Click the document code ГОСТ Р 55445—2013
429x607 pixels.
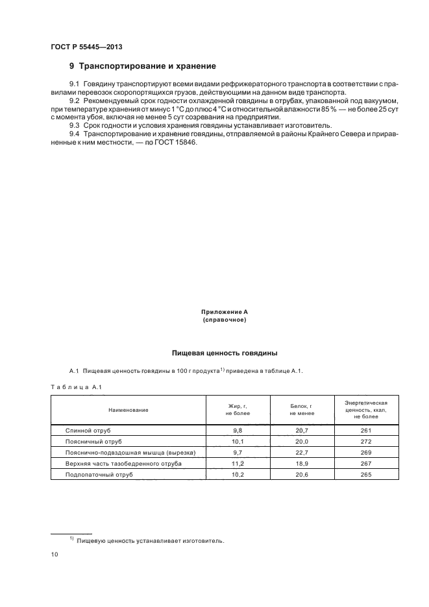coord(86,47)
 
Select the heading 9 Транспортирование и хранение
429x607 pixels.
coord(143,66)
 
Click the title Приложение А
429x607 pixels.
coord(225,312)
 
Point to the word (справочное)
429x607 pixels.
coord(225,320)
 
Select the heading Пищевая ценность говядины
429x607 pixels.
coord(225,353)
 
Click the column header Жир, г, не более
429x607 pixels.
coord(238,409)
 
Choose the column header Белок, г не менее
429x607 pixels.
coord(302,409)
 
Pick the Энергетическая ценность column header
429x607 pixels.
coord(366,409)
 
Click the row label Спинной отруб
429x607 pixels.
coord(89,431)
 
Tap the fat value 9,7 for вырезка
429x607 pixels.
coord(238,453)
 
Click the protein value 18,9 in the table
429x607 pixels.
coord(302,464)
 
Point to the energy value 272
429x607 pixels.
coord(366,442)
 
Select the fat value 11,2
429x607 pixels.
coord(238,464)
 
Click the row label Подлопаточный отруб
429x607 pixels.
coord(99,475)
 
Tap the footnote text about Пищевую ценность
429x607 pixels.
coord(150,540)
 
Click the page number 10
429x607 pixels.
coord(55,554)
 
